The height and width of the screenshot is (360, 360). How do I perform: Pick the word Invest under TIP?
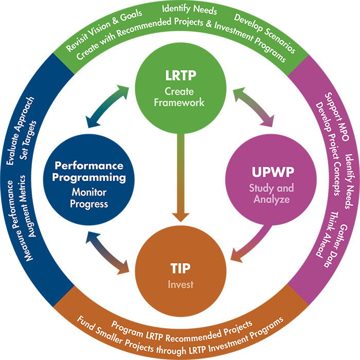point(180,284)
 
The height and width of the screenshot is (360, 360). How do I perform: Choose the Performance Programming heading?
point(89,172)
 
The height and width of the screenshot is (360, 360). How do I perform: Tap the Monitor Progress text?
point(89,198)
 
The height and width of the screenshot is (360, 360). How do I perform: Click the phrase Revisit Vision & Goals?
point(97,31)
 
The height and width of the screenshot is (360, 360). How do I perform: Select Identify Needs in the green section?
point(189,9)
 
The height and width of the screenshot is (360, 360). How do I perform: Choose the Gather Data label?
point(337,244)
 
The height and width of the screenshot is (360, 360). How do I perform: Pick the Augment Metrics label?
point(32,206)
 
